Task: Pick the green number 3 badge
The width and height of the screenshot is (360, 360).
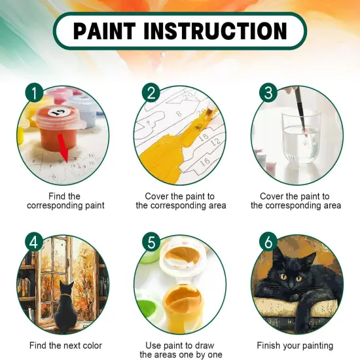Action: point(267,93)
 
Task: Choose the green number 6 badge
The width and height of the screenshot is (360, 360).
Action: point(267,242)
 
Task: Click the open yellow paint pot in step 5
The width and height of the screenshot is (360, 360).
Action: point(180,304)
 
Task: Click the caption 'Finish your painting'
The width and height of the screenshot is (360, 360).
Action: point(295,345)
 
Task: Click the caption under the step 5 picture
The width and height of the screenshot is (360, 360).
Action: point(180,350)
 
